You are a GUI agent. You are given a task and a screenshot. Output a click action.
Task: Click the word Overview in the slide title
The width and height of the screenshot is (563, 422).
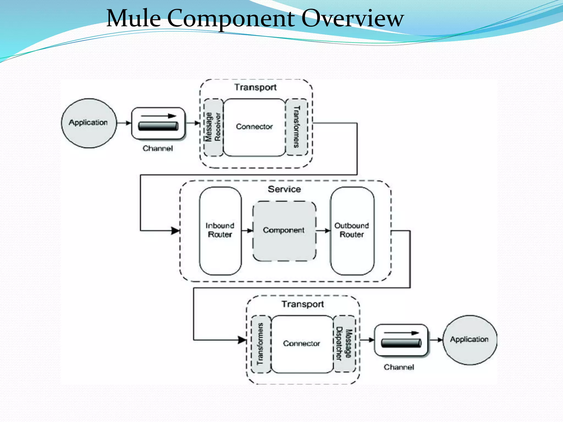pyautogui.click(x=352, y=18)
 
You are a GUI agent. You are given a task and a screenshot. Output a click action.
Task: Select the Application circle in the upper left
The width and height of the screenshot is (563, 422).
pyautogui.click(x=89, y=123)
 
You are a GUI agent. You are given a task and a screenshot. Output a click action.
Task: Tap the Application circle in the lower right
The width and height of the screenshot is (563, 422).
pyautogui.click(x=470, y=340)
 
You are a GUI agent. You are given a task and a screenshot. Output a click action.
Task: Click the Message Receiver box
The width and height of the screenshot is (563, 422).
pyautogui.click(x=213, y=127)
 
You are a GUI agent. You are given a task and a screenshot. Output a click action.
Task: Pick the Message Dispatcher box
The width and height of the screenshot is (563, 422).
pyautogui.click(x=344, y=344)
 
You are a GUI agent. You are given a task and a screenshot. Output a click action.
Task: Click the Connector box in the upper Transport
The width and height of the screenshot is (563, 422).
pyautogui.click(x=254, y=127)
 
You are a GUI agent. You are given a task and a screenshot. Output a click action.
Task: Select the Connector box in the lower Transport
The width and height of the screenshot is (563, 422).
pyautogui.click(x=302, y=344)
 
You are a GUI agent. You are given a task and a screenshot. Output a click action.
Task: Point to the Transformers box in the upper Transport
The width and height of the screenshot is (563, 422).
pyautogui.click(x=297, y=127)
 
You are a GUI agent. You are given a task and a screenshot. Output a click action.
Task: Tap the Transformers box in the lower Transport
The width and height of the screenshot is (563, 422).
pyautogui.click(x=260, y=344)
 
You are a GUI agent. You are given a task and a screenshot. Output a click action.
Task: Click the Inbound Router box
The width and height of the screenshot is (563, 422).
pyautogui.click(x=220, y=231)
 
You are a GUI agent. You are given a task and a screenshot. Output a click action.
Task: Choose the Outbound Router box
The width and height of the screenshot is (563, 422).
pyautogui.click(x=352, y=231)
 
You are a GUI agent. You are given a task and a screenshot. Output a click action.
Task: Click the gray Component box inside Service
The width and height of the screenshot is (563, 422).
pyautogui.click(x=284, y=231)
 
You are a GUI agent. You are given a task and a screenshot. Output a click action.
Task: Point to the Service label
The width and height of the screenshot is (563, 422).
pyautogui.click(x=284, y=189)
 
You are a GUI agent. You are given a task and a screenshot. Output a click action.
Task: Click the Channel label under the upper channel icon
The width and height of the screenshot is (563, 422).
pyautogui.click(x=158, y=149)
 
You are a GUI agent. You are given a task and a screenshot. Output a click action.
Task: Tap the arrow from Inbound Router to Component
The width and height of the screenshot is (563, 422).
pyautogui.click(x=247, y=231)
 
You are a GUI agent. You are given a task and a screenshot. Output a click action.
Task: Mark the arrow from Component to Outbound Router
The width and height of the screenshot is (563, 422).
pyautogui.click(x=323, y=231)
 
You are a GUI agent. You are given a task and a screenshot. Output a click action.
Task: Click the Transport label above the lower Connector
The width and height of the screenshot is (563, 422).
pyautogui.click(x=302, y=304)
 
